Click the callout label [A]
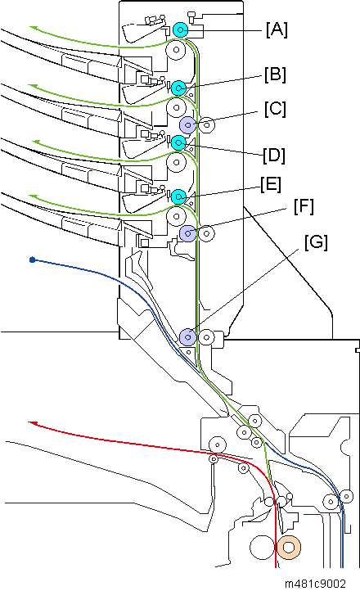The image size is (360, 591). pyautogui.click(x=277, y=29)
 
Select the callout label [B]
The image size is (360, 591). pyautogui.click(x=275, y=74)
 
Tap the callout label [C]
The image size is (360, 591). pyautogui.click(x=275, y=109)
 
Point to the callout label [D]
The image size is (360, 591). pyautogui.click(x=274, y=156)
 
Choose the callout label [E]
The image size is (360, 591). pyautogui.click(x=271, y=185)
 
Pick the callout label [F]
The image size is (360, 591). pyautogui.click(x=304, y=207)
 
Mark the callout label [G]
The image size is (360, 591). pyautogui.click(x=317, y=242)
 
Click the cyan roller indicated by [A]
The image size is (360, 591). pyautogui.click(x=181, y=29)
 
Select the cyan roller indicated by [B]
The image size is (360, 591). pyautogui.click(x=178, y=88)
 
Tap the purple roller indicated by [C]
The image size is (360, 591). pyautogui.click(x=187, y=124)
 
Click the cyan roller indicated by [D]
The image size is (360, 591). pyautogui.click(x=178, y=142)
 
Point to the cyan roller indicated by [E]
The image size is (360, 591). pyautogui.click(x=178, y=196)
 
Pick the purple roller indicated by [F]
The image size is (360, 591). pyautogui.click(x=187, y=233)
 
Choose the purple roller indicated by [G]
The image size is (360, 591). pyautogui.click(x=187, y=337)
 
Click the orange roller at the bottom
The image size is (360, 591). pyautogui.click(x=289, y=547)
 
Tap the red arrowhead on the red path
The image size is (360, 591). pyautogui.click(x=33, y=424)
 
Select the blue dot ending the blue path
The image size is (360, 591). pyautogui.click(x=33, y=259)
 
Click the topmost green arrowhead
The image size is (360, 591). pyautogui.click(x=34, y=28)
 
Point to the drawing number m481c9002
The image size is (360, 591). pyautogui.click(x=315, y=584)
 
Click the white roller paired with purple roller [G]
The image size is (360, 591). pyautogui.click(x=206, y=337)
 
